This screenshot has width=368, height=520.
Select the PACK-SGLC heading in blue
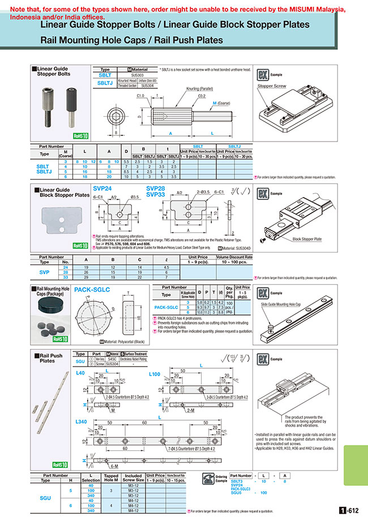coord(92,289)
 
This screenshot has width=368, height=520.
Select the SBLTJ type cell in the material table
coord(105,83)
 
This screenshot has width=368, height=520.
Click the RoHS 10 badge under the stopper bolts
coord(80,135)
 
